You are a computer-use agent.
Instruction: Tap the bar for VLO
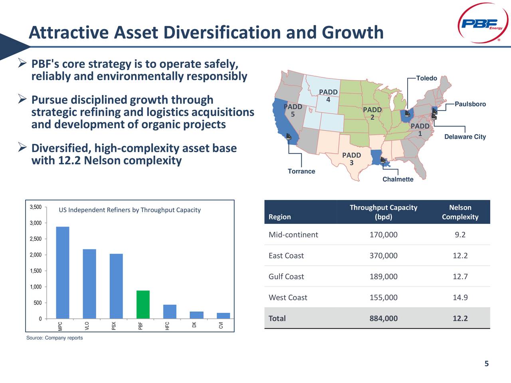(89, 284)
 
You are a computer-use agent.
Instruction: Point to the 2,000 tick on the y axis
(36, 255)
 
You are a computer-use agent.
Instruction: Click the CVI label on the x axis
(221, 325)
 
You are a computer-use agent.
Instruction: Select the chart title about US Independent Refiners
(130, 210)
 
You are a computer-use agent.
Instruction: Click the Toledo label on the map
(426, 78)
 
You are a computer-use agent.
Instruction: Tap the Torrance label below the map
(301, 172)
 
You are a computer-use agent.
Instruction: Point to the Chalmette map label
(398, 180)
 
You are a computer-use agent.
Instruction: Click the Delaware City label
(465, 137)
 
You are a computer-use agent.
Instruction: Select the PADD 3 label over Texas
(351, 159)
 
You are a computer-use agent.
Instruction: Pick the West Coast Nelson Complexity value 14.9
(460, 298)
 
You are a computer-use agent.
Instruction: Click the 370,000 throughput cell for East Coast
(383, 256)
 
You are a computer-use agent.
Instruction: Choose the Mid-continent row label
(293, 235)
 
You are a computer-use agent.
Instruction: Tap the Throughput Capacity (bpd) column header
(383, 212)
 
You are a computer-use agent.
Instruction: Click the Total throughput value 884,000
(383, 318)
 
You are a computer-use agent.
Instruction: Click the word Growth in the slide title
(353, 33)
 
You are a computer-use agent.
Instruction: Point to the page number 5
(486, 363)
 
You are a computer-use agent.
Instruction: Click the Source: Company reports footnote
(55, 338)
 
